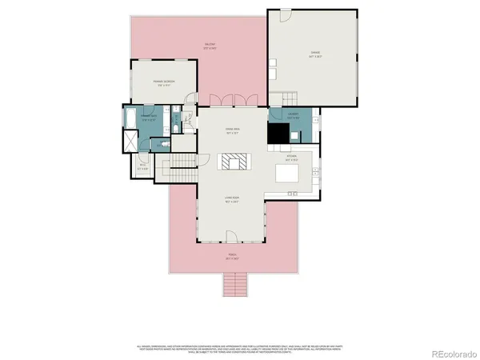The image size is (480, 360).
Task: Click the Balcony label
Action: tap(210, 46)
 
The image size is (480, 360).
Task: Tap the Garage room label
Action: tap(316, 55)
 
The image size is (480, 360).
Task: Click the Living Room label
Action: tap(231, 198)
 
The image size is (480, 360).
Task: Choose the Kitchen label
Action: tap(291, 157)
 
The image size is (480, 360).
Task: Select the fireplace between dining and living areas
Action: tap(236, 162)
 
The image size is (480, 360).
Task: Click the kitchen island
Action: tap(287, 174)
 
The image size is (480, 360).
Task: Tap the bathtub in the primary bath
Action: tap(130, 120)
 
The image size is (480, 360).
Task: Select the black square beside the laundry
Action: tap(278, 134)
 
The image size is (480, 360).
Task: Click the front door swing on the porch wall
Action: tap(231, 236)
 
